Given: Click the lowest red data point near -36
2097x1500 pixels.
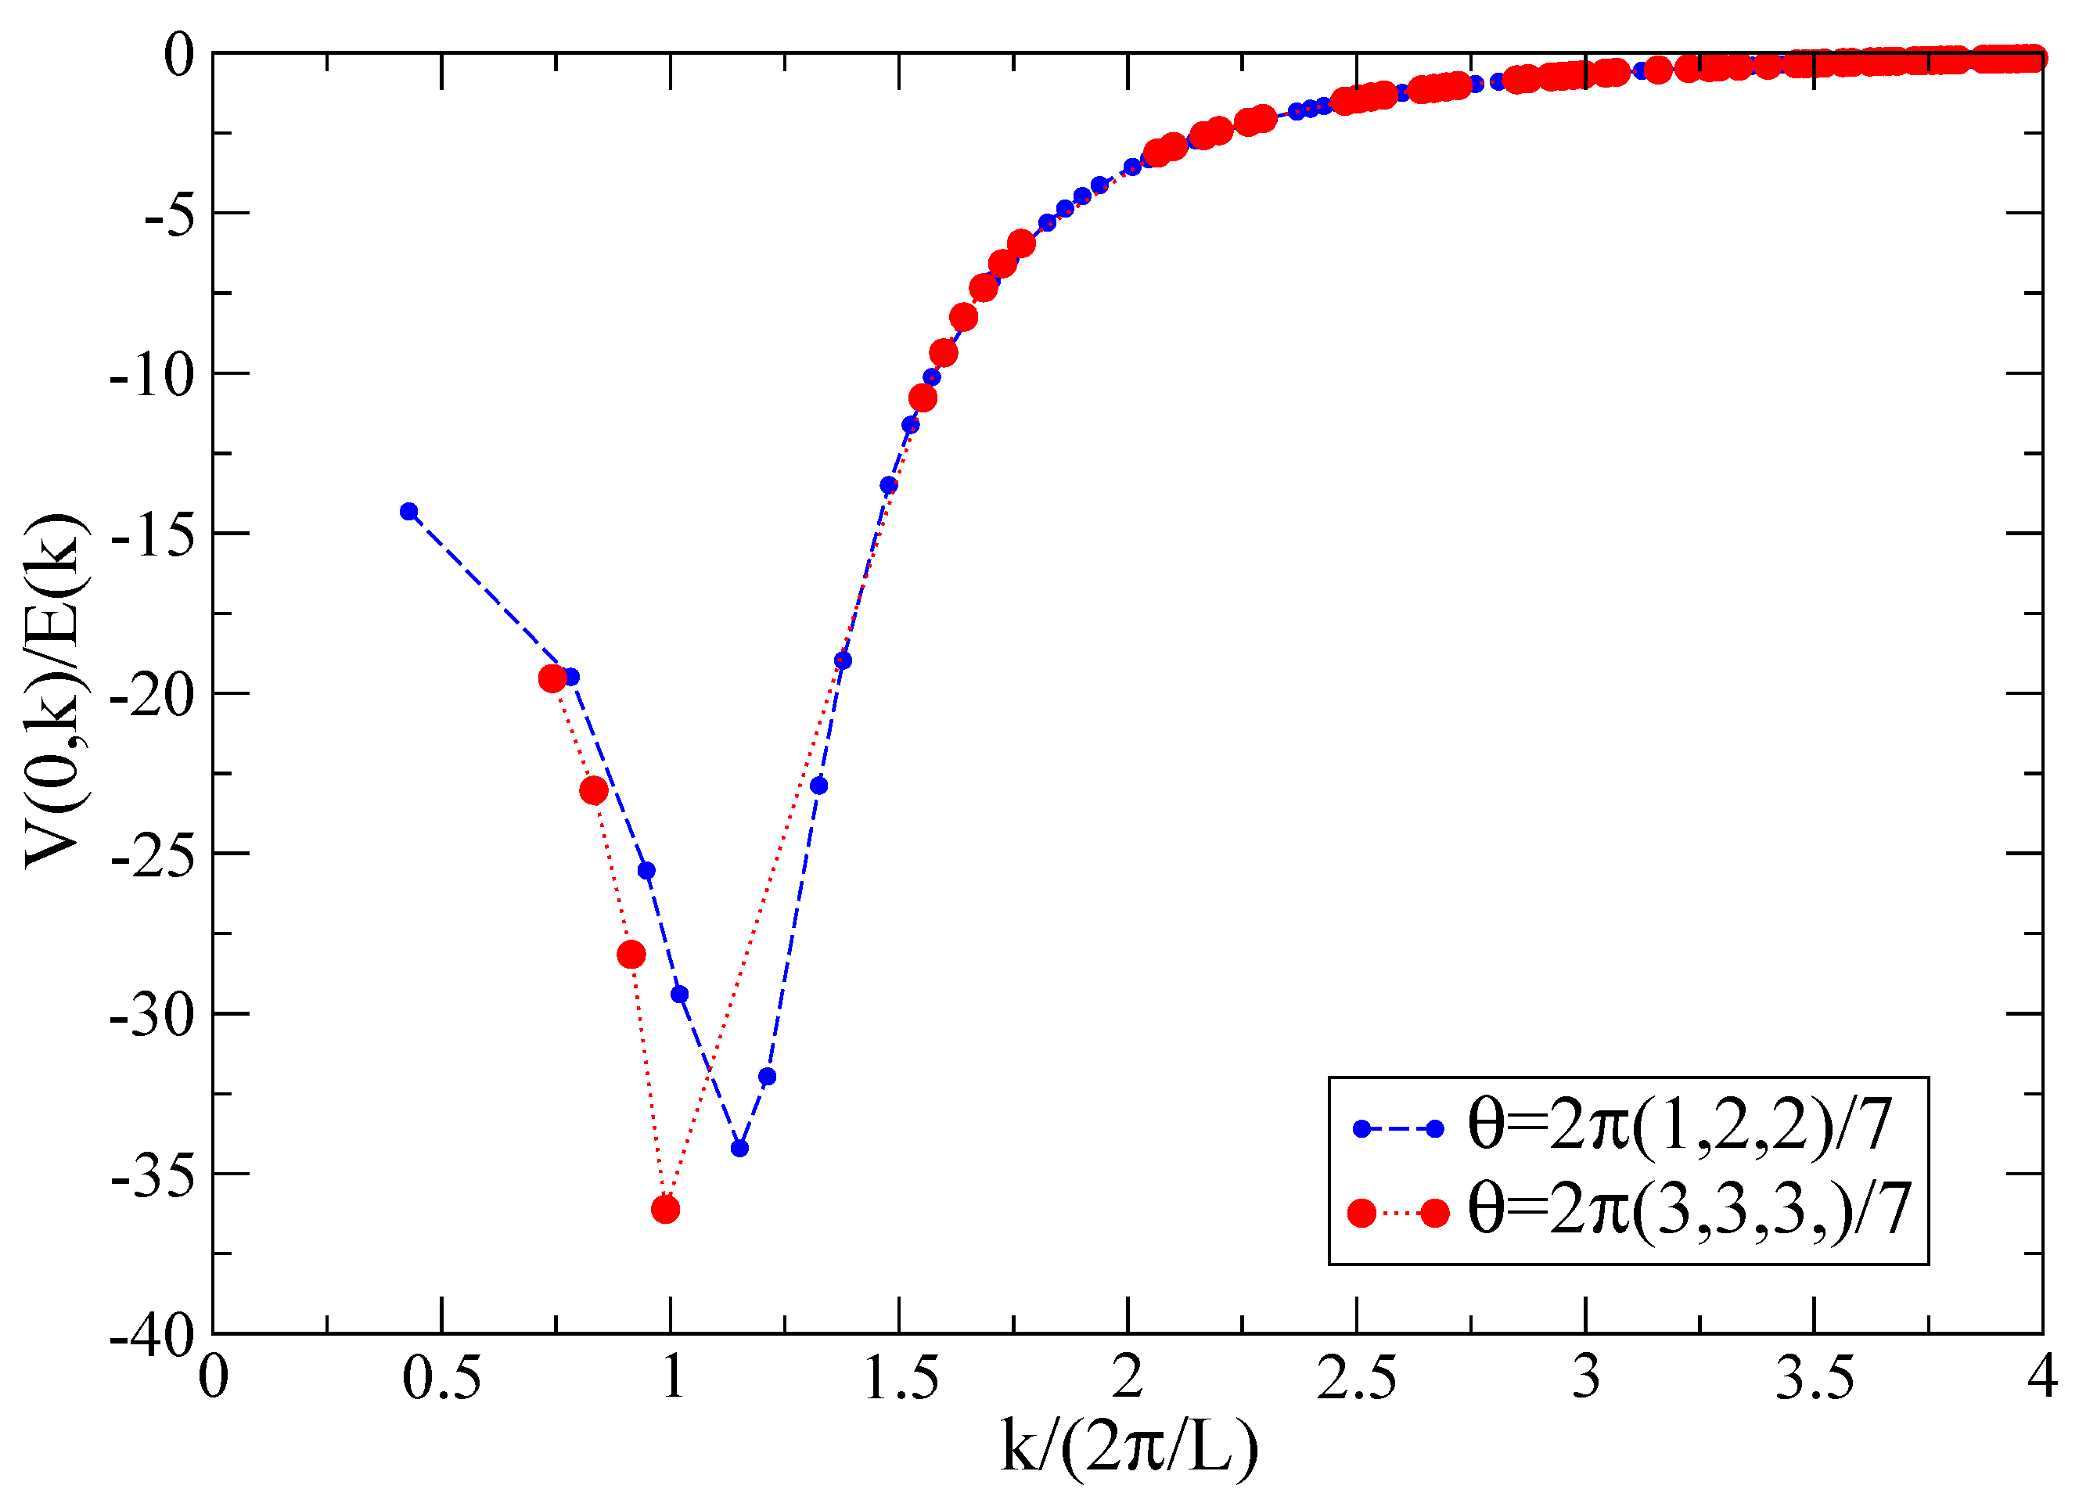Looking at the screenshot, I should point(665,1209).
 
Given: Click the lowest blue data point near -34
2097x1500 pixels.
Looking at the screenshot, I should point(739,1148).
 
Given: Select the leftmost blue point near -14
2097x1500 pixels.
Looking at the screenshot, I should point(409,512).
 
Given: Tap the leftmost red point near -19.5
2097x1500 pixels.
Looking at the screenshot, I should point(552,679).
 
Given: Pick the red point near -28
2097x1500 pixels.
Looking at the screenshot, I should point(631,955).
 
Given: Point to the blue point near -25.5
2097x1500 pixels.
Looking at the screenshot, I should point(646,871).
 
